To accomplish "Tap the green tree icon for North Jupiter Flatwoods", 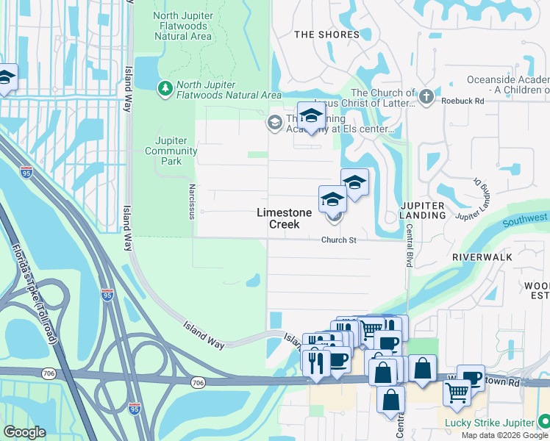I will (x=165, y=89).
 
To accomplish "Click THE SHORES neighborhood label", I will (x=326, y=35).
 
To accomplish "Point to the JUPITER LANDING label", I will (x=423, y=210).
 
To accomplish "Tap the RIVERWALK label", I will (x=482, y=258).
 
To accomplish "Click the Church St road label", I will (x=338, y=240).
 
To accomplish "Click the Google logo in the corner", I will (x=24, y=432).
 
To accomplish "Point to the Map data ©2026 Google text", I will (x=505, y=435).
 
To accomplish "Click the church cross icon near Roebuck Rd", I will (x=426, y=96).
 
